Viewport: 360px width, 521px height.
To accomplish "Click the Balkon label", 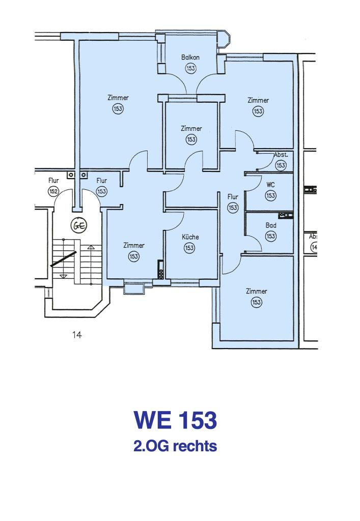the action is point(190,57).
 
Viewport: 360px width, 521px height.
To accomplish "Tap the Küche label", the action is point(190,237).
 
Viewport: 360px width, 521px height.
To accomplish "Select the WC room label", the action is point(270,185).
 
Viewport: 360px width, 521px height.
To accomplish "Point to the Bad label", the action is point(271,225).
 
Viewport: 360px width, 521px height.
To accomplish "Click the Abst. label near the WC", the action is point(281,155).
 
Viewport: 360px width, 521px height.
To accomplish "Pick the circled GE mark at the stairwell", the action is point(79,225).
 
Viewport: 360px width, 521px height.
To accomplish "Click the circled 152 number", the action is point(53,191).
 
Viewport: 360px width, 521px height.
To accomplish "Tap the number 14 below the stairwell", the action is point(77,335).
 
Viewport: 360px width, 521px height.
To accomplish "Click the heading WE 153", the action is point(175,420).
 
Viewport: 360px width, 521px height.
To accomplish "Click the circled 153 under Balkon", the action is point(190,69).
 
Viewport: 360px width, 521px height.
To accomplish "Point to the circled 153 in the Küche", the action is point(189,248).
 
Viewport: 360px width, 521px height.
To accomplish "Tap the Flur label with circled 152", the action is point(53,181).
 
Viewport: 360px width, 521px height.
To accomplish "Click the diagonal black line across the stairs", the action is point(64,259).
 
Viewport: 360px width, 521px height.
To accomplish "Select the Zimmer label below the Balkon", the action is point(191,128).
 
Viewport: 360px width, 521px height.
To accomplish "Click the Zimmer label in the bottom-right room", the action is point(256,291).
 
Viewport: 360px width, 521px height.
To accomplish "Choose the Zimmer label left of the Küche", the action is point(134,245).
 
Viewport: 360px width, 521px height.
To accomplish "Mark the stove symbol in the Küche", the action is point(160,269).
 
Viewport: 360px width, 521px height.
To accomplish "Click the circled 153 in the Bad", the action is point(271,236).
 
